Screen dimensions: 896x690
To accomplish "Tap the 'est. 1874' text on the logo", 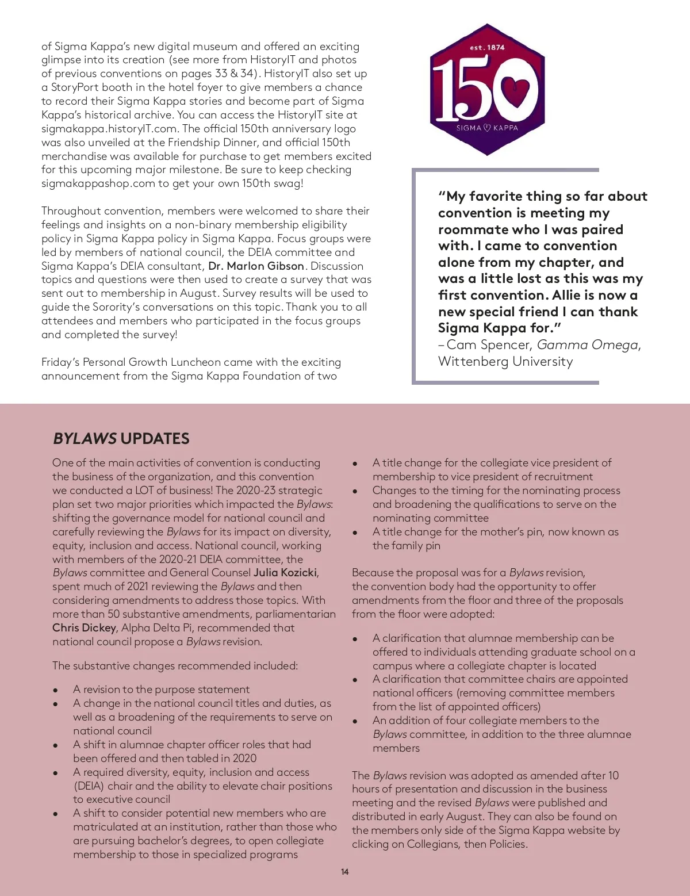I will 487,48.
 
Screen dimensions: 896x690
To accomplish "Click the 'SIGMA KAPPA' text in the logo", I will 487,128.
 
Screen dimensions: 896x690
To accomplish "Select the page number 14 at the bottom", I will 344,872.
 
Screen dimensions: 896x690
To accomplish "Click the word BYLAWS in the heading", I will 85,438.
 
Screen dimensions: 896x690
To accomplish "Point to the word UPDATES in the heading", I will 155,438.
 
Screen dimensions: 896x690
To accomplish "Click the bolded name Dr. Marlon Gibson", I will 256,266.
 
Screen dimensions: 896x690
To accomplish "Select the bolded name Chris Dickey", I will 85,627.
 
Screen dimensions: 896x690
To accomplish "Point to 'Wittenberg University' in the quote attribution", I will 505,361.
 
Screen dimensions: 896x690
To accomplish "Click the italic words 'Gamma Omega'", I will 587,344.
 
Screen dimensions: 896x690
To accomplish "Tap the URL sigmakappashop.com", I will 98,183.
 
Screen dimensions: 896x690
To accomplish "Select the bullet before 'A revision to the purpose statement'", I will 55,690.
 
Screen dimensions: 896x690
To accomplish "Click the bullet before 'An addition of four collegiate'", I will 355,721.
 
